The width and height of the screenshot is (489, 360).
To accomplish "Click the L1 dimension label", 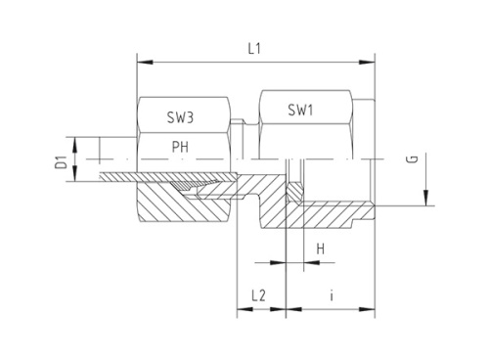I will [x=254, y=46].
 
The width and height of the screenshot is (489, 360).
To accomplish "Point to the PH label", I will [x=180, y=147].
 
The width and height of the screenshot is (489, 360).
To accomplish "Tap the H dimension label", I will [x=320, y=250].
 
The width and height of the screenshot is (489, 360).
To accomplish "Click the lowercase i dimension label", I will [x=333, y=293].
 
